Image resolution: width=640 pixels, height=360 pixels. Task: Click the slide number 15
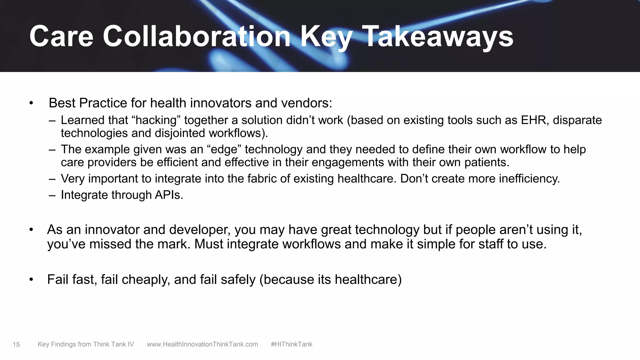16,345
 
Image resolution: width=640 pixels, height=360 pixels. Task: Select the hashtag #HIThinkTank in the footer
292,344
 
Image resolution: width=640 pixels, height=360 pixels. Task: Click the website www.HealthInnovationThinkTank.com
202,344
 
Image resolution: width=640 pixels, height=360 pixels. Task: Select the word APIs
169,195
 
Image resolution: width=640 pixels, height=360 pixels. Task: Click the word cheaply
146,279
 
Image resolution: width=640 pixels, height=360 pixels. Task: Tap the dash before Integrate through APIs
52,195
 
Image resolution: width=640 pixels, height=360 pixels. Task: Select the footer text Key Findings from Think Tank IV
86,344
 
